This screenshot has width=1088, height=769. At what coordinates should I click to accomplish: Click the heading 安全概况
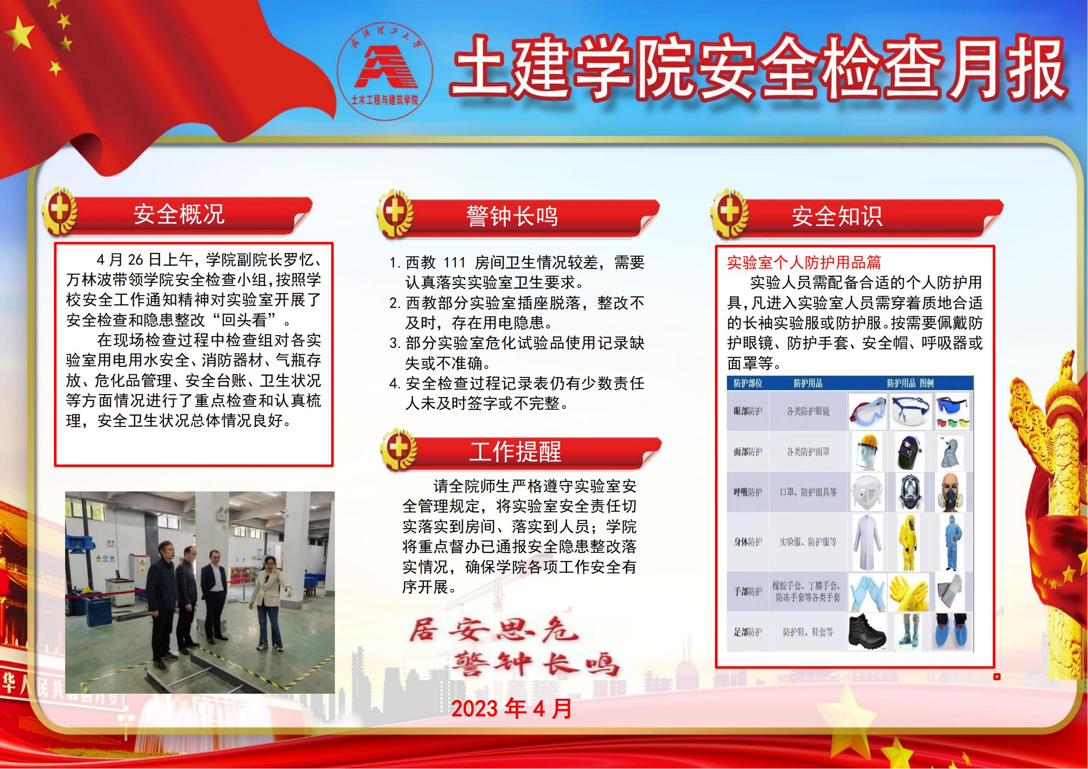pyautogui.click(x=179, y=214)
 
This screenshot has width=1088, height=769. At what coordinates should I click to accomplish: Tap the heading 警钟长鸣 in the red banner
pyautogui.click(x=512, y=216)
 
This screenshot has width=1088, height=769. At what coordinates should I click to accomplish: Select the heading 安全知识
pyautogui.click(x=837, y=216)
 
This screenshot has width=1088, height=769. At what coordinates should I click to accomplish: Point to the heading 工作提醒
pyautogui.click(x=515, y=451)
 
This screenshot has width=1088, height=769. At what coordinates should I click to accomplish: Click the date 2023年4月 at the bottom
pyautogui.click(x=512, y=709)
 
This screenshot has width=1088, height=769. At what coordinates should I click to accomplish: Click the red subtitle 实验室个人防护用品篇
pyautogui.click(x=804, y=262)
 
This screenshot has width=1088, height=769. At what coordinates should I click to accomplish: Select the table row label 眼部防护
pyautogui.click(x=748, y=411)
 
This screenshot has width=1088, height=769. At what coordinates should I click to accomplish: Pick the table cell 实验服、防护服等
pyautogui.click(x=808, y=541)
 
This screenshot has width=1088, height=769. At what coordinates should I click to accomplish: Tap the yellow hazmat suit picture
pyautogui.click(x=908, y=542)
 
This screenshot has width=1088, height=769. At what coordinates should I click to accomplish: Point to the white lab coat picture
pyautogui.click(x=867, y=542)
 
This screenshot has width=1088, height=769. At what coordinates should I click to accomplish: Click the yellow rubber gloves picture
pyautogui.click(x=908, y=592)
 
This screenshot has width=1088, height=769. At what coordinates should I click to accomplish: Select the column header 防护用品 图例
pyautogui.click(x=910, y=383)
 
